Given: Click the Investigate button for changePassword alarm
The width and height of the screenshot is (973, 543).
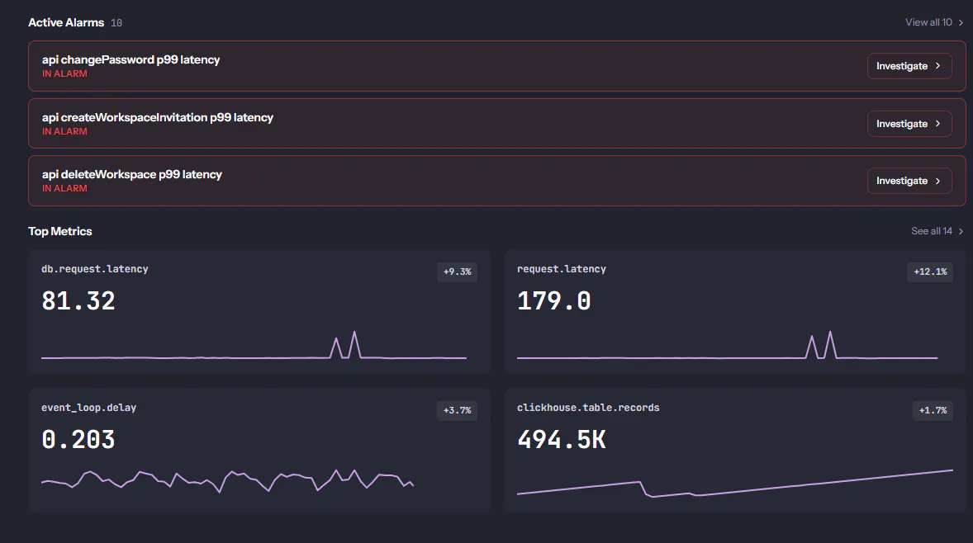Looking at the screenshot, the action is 909,66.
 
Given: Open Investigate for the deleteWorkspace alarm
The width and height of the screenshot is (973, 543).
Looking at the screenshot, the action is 909,181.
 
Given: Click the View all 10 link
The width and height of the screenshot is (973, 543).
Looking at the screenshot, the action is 934,22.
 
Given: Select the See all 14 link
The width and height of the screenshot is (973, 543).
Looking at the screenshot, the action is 937,230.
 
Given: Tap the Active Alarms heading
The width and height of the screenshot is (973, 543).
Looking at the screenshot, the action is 66,22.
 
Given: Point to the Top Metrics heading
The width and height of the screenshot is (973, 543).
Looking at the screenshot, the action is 59,231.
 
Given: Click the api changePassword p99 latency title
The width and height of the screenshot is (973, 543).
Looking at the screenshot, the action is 131,59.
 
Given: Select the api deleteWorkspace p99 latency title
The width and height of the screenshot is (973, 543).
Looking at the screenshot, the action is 131,174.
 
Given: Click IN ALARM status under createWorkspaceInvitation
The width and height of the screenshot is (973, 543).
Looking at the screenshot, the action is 64,131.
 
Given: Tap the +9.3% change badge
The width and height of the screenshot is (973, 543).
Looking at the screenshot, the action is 458,271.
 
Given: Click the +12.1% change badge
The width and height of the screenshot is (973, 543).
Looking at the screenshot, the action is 930,271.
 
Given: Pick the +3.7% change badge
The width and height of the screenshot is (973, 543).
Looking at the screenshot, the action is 458,410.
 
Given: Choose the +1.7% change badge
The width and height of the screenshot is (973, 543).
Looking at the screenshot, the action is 933,410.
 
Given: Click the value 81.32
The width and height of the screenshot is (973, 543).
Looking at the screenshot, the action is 78,301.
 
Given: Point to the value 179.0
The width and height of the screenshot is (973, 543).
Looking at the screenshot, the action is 553,301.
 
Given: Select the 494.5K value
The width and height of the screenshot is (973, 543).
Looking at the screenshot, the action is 562,440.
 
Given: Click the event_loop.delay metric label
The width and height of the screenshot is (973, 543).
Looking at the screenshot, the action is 88,408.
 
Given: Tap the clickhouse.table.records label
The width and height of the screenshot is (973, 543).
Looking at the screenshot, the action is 588,408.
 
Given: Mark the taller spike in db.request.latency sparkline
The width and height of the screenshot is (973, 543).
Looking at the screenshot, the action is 354,333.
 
